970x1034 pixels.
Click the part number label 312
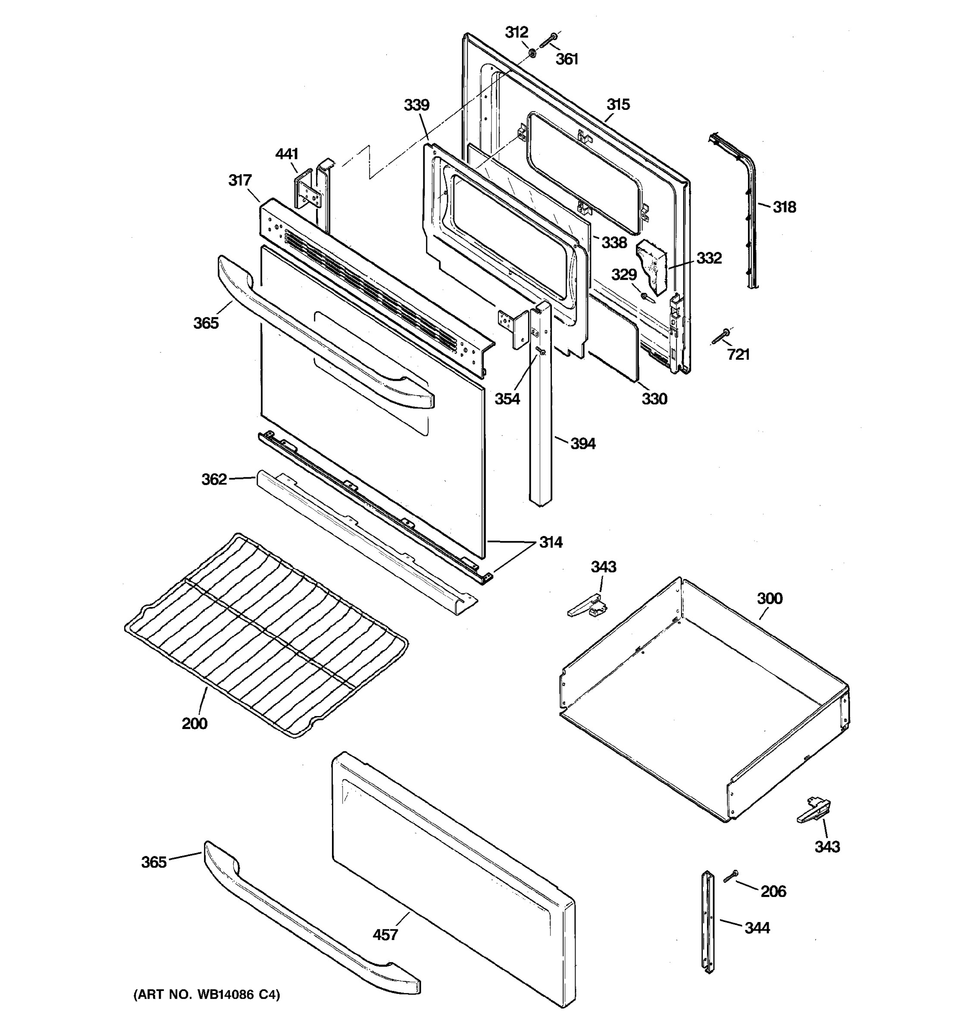click(x=516, y=32)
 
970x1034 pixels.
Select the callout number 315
click(x=618, y=105)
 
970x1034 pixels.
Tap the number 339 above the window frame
click(x=416, y=105)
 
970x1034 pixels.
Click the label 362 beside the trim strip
click(x=214, y=479)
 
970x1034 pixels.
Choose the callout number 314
click(x=551, y=542)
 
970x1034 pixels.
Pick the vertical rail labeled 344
click(x=708, y=921)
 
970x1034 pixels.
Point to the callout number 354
click(x=507, y=399)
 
